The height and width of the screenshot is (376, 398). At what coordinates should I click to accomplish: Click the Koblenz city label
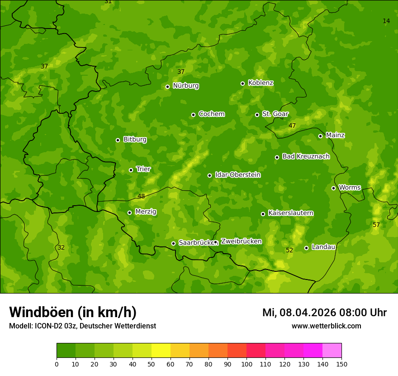point(261,83)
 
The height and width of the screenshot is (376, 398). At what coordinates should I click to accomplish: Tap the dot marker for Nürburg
point(167,87)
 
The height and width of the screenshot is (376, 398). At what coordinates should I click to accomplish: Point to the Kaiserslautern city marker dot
point(263,214)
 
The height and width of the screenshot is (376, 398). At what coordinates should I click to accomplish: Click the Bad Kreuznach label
point(306,156)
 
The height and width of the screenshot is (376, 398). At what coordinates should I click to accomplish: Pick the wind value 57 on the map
point(376,225)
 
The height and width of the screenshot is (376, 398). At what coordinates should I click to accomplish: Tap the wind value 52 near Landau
point(289,250)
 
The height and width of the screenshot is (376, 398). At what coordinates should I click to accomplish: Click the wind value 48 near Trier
point(142,196)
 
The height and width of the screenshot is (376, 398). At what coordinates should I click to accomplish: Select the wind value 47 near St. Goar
point(292,125)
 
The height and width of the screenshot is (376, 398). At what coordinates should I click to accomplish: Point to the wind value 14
point(386,21)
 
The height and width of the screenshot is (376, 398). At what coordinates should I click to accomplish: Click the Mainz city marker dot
point(320,136)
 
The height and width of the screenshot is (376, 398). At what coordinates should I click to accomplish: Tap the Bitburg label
point(135,140)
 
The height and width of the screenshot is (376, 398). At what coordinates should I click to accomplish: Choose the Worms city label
point(350,188)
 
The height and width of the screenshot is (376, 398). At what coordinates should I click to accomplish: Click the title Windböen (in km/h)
point(73,312)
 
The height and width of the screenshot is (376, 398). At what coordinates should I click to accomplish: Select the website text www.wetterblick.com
point(326,326)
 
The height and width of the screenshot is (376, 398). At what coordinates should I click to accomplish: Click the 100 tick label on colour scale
point(246,364)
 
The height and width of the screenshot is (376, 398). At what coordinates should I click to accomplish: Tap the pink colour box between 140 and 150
point(332,350)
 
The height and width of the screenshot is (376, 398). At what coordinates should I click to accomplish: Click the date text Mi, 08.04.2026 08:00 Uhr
point(324,313)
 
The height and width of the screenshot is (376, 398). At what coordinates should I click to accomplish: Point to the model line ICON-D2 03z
point(82,326)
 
